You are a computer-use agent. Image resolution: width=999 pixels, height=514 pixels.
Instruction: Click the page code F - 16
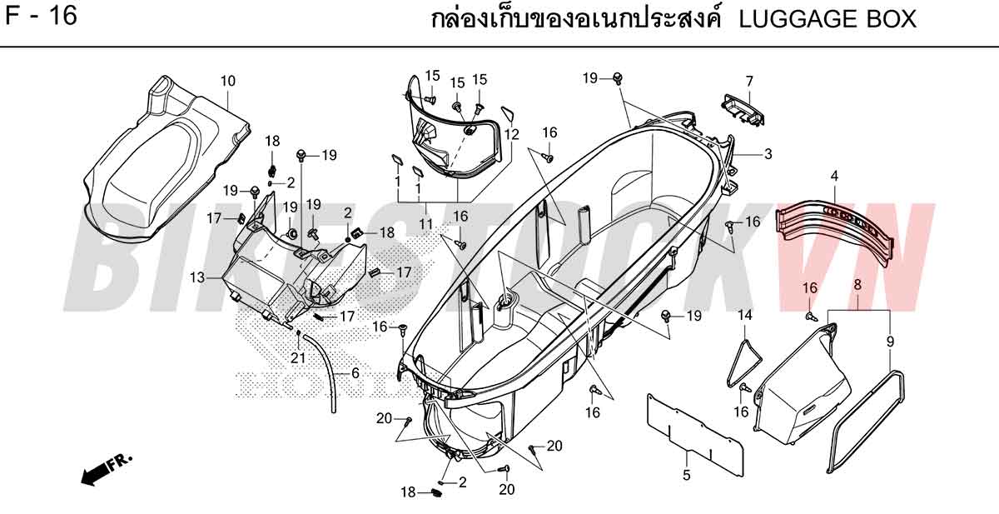click(41, 16)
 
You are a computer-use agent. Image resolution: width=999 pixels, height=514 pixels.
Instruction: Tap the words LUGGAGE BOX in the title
click(828, 19)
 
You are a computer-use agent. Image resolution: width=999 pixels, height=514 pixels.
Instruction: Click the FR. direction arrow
click(107, 470)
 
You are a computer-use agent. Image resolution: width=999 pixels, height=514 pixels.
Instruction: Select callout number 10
click(228, 81)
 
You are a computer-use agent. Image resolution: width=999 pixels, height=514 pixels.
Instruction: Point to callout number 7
click(749, 81)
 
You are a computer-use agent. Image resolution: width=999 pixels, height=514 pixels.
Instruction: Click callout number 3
click(768, 154)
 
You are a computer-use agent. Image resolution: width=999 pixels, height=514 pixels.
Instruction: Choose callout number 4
click(834, 176)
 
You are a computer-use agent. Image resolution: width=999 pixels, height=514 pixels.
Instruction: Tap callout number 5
click(686, 475)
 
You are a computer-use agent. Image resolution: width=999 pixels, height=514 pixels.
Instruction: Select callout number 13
click(197, 277)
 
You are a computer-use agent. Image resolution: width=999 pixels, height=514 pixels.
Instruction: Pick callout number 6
click(355, 373)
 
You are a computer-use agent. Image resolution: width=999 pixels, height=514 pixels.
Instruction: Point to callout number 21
click(298, 358)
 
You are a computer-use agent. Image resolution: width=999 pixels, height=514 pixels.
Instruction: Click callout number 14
click(744, 315)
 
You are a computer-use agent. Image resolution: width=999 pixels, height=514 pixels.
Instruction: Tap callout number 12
click(511, 134)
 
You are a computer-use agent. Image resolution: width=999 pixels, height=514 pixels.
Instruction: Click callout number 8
click(857, 285)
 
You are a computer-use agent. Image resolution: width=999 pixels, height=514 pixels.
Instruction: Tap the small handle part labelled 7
click(743, 110)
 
